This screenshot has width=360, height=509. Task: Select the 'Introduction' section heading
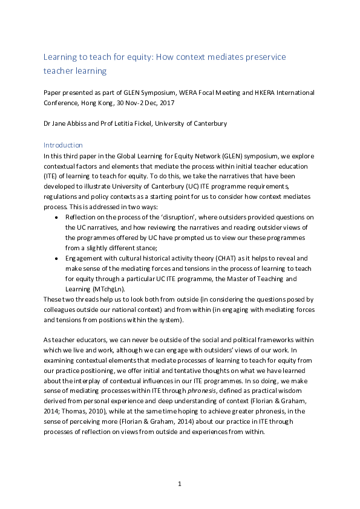[64, 145]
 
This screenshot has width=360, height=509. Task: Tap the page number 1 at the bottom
[180, 484]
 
